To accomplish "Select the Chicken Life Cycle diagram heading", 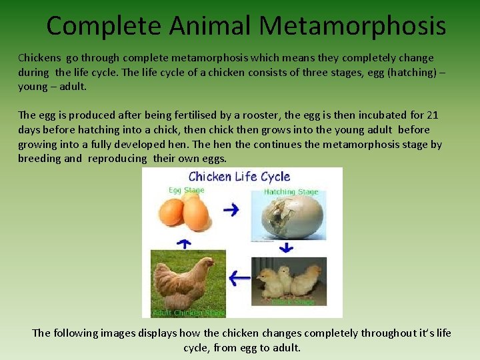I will pyautogui.click(x=239, y=177).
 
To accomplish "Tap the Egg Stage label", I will pyautogui.click(x=186, y=191).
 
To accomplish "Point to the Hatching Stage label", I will pyautogui.click(x=291, y=192).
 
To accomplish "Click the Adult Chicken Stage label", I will pyautogui.click(x=189, y=313).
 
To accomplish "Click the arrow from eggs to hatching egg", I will pyautogui.click(x=231, y=210).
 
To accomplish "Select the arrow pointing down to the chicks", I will pyautogui.click(x=286, y=248).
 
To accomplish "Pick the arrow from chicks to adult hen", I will pyautogui.click(x=239, y=277).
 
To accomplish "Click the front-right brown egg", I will pyautogui.click(x=196, y=213).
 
